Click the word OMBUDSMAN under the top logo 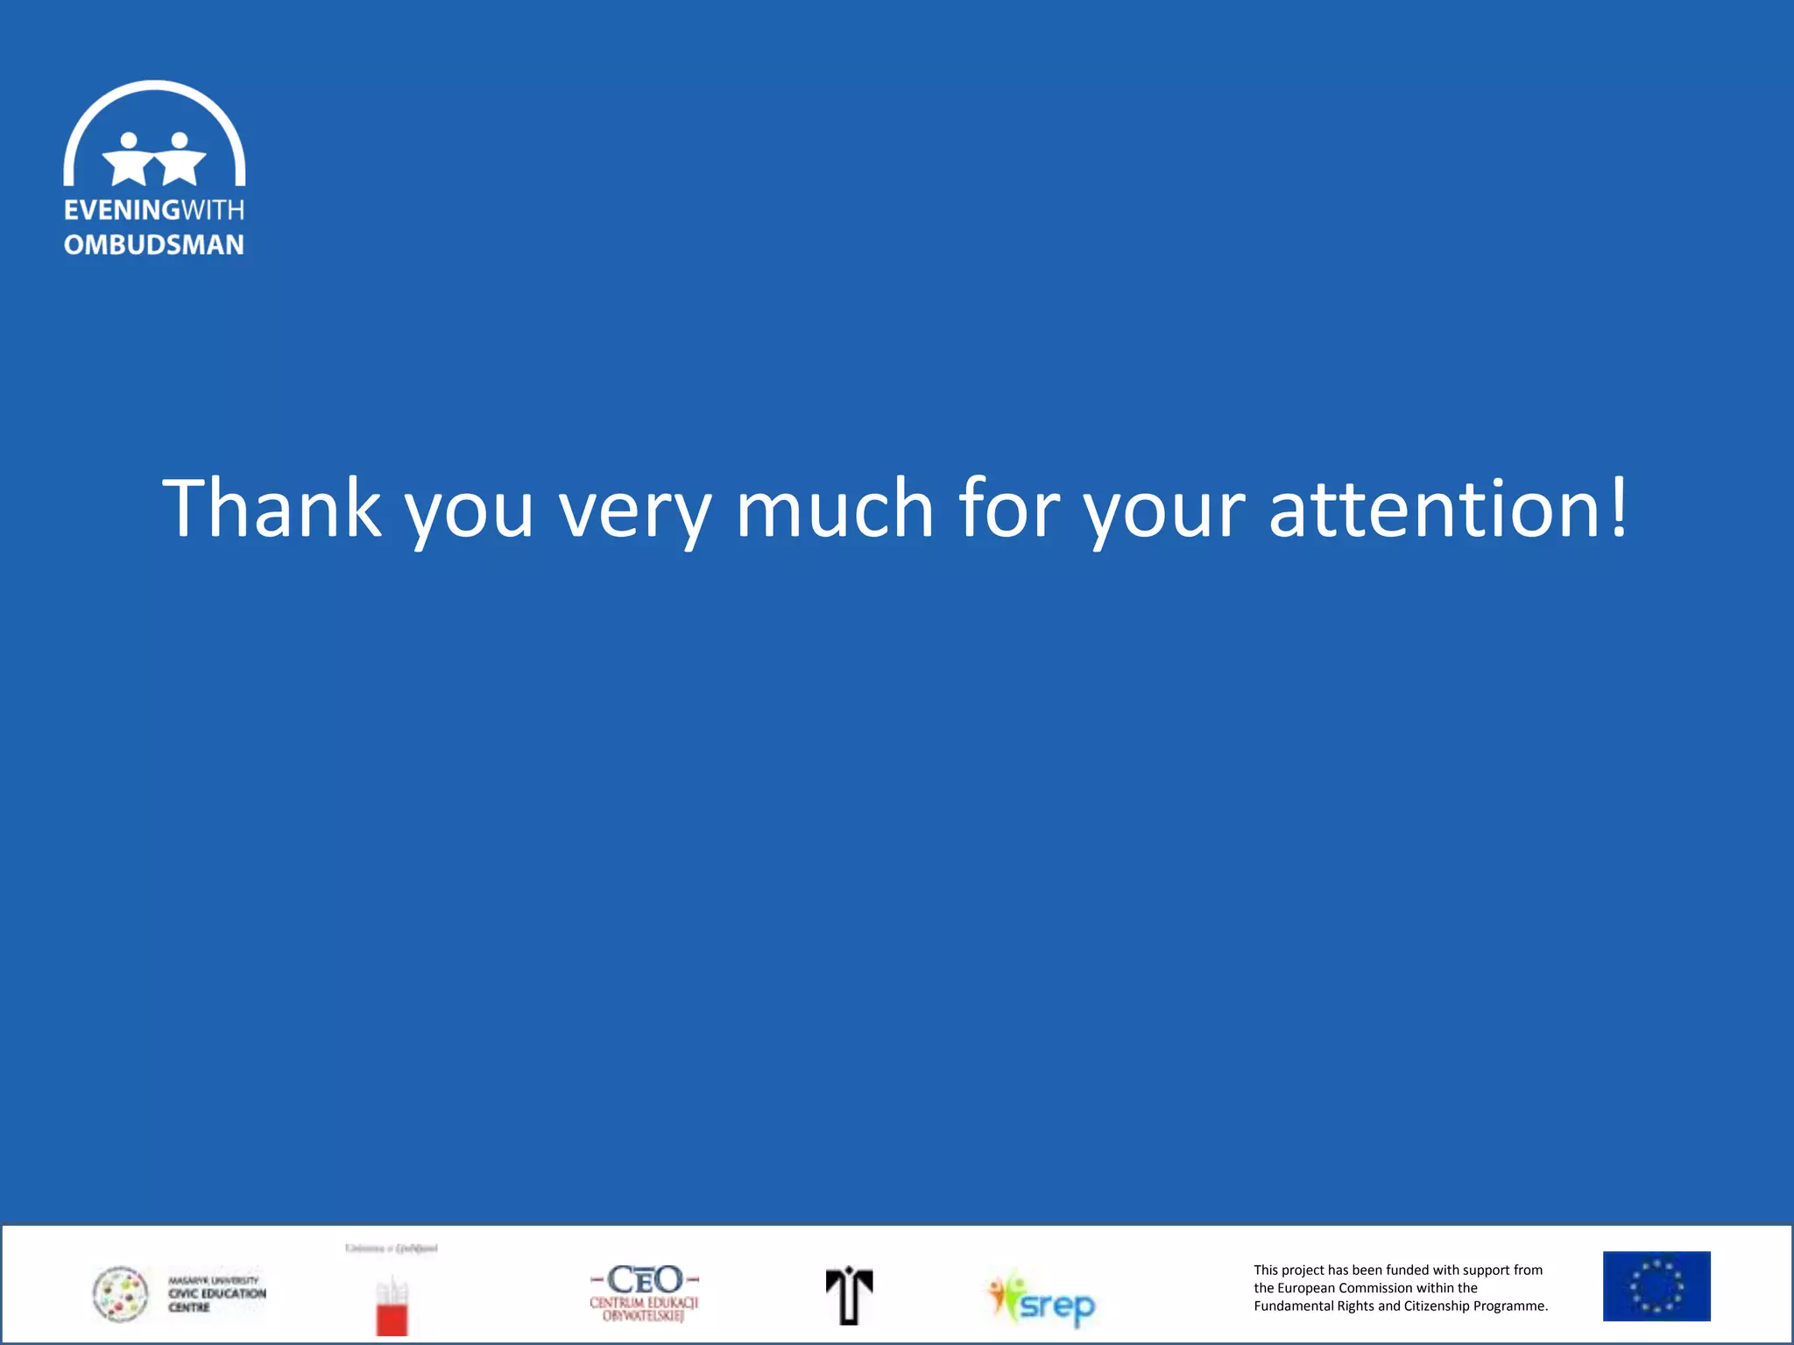coord(154,245)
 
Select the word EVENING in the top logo coord(122,210)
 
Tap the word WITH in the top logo coord(213,210)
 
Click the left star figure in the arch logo coord(130,159)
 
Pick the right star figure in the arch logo coord(180,159)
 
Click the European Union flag coord(1656,1286)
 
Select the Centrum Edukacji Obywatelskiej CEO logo coord(645,1292)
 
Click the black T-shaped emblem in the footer coord(849,1295)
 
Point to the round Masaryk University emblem coord(121,1294)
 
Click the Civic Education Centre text coord(216,1294)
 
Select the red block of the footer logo coord(392,1318)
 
